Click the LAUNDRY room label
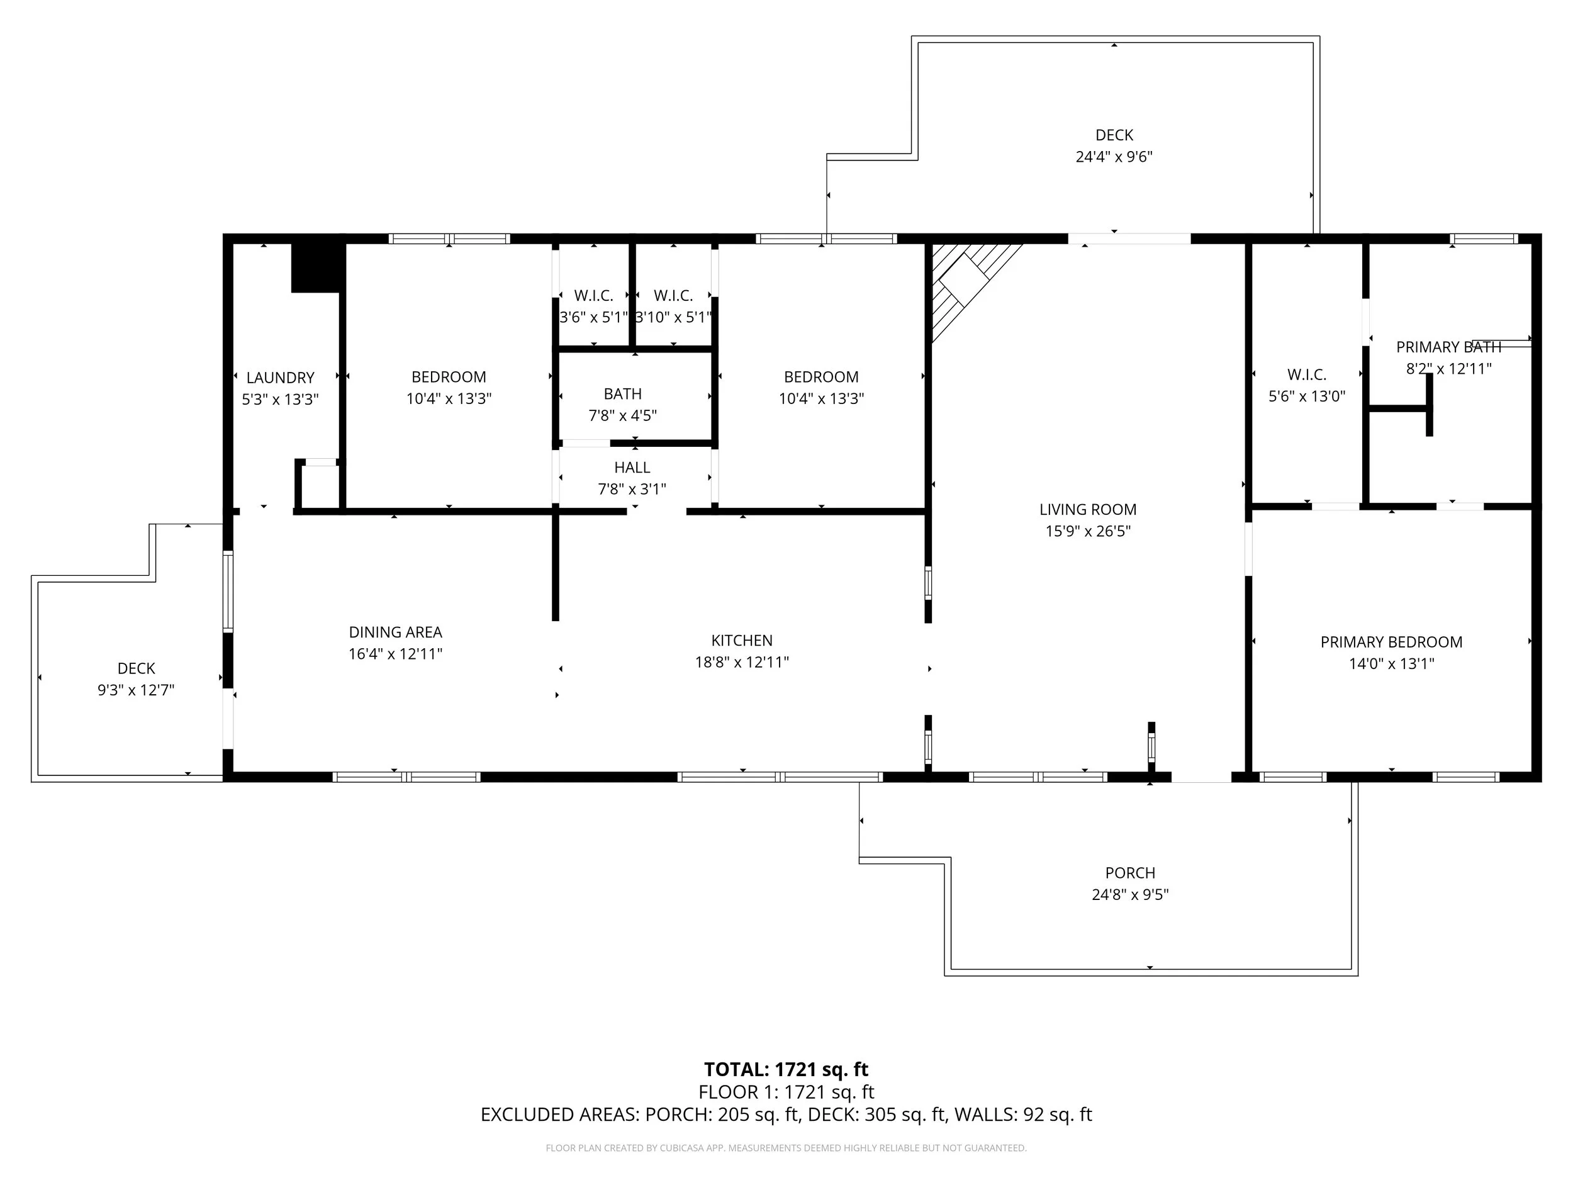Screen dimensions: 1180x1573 280,378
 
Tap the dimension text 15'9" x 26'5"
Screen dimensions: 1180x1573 1087,531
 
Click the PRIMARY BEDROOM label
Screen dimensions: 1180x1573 1391,643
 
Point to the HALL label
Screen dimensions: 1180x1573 632,468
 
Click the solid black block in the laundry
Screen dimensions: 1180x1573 316,267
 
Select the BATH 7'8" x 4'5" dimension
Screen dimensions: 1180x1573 622,415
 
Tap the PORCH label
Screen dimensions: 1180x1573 1130,873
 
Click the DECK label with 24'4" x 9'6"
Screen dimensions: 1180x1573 1114,135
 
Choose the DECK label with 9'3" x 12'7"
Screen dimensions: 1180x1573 136,668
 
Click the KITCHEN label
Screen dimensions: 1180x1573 742,640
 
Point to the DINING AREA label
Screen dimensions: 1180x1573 395,632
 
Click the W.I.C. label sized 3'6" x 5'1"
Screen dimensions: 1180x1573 593,296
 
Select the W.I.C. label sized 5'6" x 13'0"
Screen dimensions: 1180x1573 1306,375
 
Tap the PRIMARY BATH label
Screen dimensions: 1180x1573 1448,347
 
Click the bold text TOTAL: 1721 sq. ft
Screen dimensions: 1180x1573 786,1069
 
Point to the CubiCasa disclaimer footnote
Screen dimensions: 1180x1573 786,1148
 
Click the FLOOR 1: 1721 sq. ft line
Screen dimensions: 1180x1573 786,1092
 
